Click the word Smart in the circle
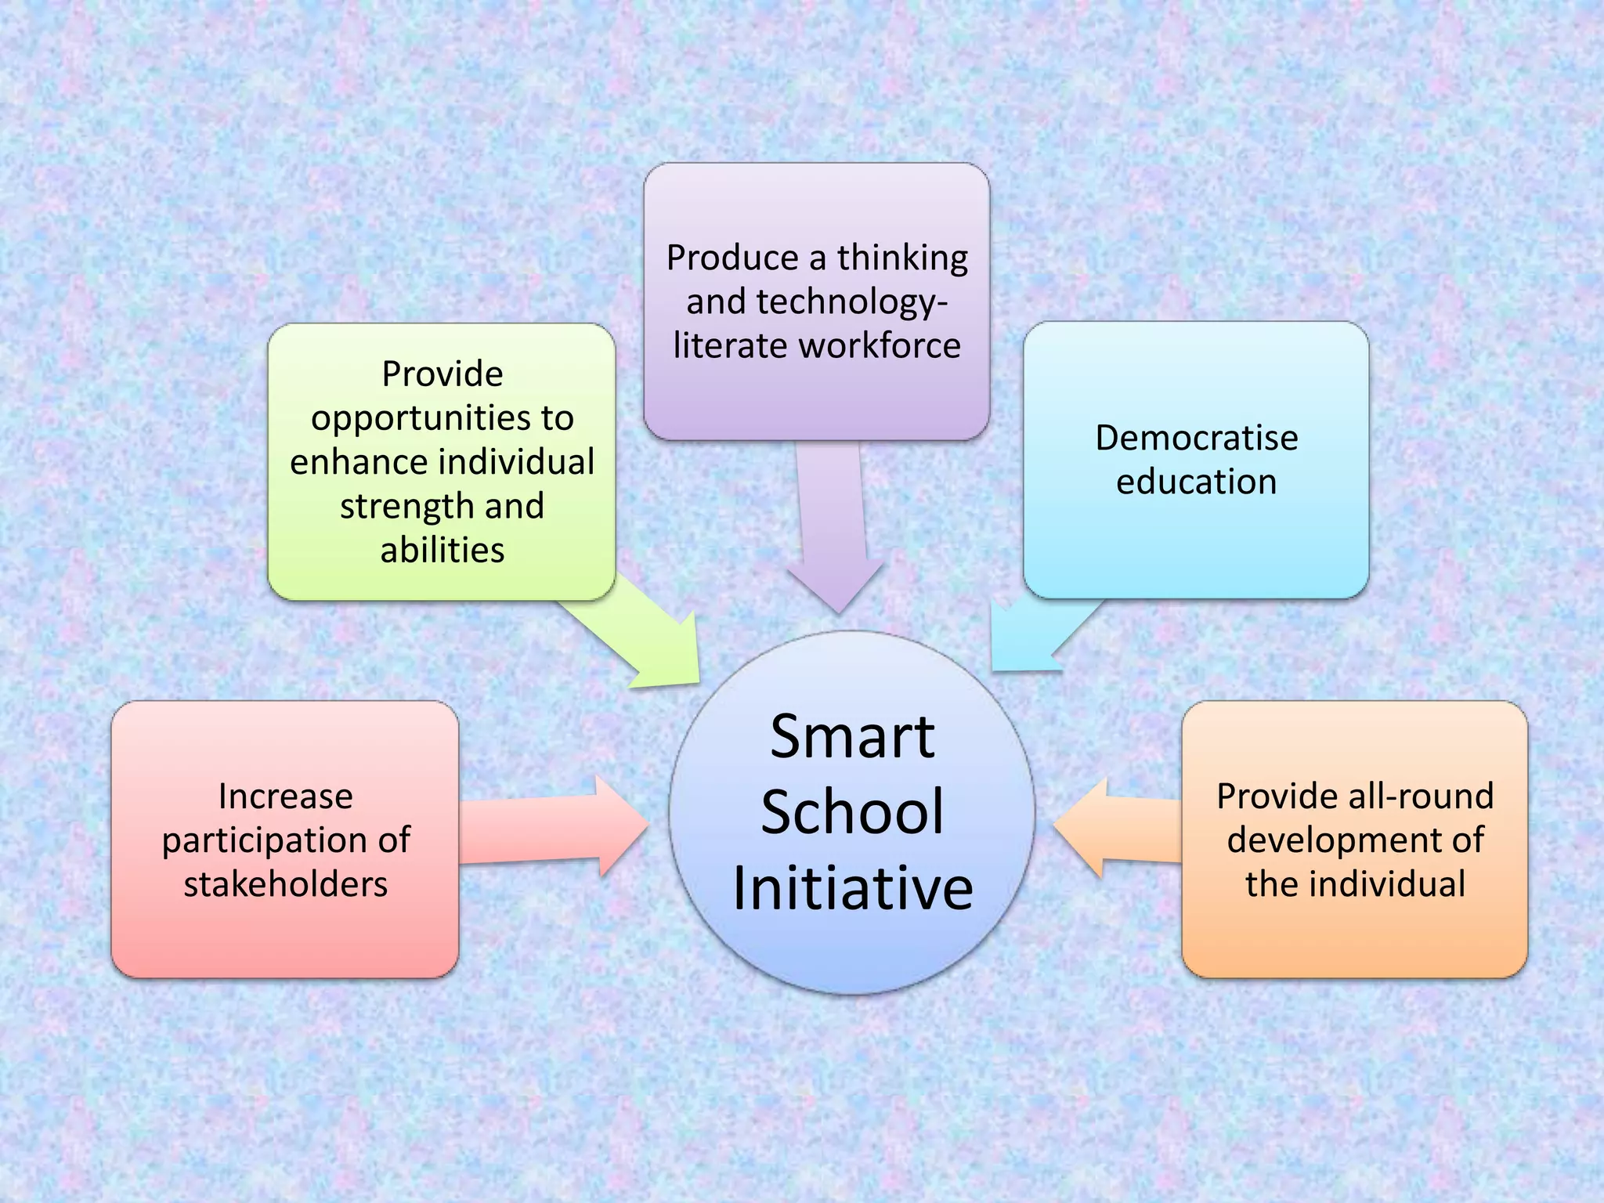point(852,737)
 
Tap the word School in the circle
point(852,812)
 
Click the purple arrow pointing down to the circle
point(833,533)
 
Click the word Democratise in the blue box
point(1196,438)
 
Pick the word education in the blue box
point(1196,482)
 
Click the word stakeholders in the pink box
point(285,884)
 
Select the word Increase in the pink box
point(285,797)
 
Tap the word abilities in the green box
point(443,550)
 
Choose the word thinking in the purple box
point(902,258)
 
